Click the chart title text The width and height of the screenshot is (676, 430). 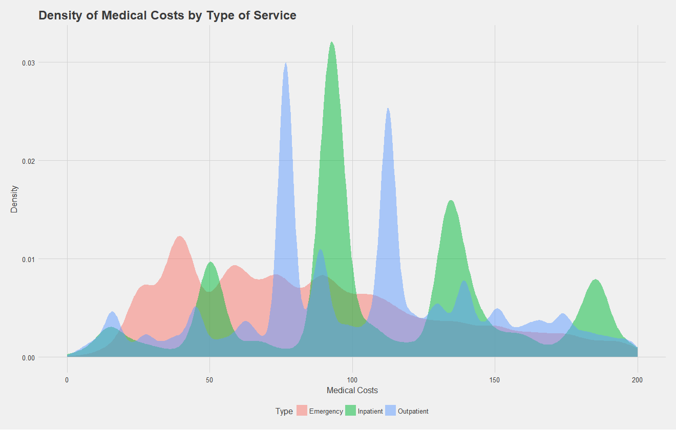(167, 15)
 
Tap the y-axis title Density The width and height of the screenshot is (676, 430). (15, 199)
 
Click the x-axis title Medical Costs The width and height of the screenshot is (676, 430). (352, 391)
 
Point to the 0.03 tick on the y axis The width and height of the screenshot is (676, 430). (28, 62)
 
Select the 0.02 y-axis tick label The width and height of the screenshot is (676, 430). (28, 161)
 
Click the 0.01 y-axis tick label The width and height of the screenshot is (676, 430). (28, 259)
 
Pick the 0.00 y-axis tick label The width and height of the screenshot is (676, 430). (28, 357)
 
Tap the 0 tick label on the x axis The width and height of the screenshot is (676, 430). (67, 380)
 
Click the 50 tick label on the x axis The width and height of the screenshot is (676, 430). (209, 380)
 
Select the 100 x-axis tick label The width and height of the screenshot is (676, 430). (352, 380)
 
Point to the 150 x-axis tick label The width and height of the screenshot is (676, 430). (495, 380)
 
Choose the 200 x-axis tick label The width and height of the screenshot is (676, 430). (637, 380)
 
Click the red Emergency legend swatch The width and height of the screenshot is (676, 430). (302, 411)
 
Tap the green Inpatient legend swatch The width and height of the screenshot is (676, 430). (350, 411)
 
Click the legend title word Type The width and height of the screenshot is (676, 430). (284, 411)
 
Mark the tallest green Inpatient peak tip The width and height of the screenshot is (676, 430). (332, 42)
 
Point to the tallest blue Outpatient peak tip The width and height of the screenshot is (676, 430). (285, 62)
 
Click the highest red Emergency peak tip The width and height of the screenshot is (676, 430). (180, 236)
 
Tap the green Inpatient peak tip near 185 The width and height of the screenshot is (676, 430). (595, 279)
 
